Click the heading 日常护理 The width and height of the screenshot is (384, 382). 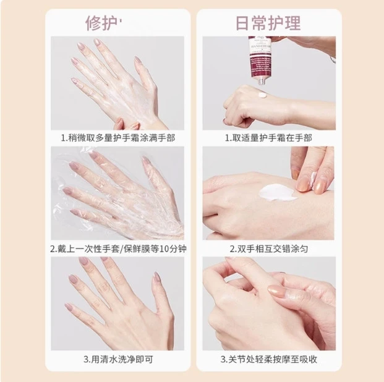tap(268, 23)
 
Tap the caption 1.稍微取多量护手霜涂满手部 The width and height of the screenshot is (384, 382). tap(117, 137)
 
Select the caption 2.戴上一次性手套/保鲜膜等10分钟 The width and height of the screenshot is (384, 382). tap(117, 249)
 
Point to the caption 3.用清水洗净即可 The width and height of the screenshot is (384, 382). tap(117, 359)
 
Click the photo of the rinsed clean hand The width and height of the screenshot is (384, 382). tap(117, 303)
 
